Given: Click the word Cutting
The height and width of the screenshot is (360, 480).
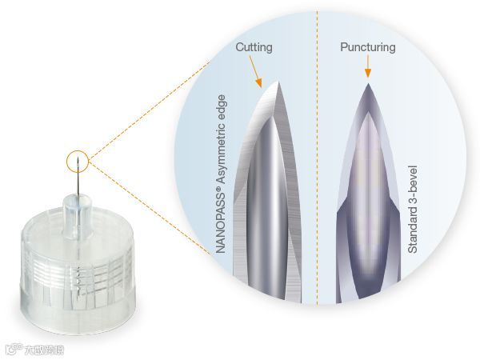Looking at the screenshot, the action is [254, 47].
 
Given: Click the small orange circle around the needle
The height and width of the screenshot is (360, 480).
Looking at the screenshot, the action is [78, 161].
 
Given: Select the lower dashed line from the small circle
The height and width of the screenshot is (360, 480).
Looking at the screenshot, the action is [136, 205].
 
